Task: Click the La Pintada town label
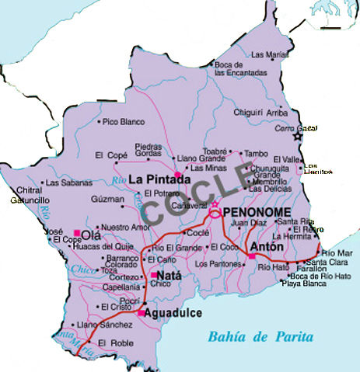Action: tap(160, 180)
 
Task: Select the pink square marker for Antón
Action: tap(251, 256)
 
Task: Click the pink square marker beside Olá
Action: tap(76, 232)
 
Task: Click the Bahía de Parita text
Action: tap(260, 336)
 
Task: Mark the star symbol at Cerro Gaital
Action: tap(296, 137)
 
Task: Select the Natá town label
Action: tap(170, 276)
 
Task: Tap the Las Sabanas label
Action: tap(64, 183)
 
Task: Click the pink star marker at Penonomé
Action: tap(215, 203)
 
